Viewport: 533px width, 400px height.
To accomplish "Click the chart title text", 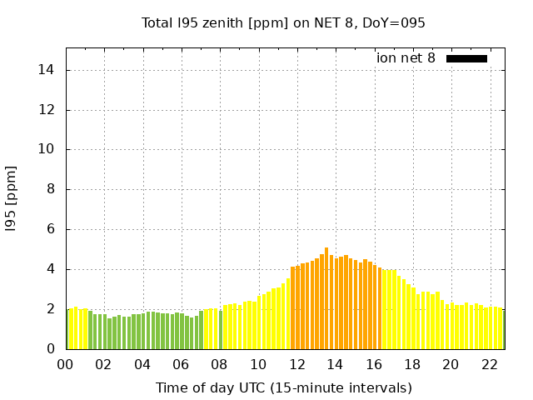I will point(283,22).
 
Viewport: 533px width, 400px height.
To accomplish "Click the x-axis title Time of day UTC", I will point(283,387).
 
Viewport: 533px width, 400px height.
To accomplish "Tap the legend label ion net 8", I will point(406,58).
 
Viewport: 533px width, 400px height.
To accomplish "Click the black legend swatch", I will point(466,58).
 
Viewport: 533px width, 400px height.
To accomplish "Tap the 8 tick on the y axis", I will point(52,189).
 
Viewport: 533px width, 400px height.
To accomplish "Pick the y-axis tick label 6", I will point(52,229).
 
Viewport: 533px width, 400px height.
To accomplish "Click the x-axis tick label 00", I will point(66,365).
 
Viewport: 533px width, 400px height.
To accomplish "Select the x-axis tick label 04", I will point(142,365).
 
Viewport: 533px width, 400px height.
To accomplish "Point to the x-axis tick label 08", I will point(219,365).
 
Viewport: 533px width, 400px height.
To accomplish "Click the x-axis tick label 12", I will point(296,365).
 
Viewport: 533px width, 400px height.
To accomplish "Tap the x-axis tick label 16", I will point(373,365).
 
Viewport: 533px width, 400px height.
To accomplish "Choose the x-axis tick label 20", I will point(451,365).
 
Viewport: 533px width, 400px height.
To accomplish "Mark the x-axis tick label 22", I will point(489,365).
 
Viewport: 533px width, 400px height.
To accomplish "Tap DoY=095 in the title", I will point(394,22).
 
